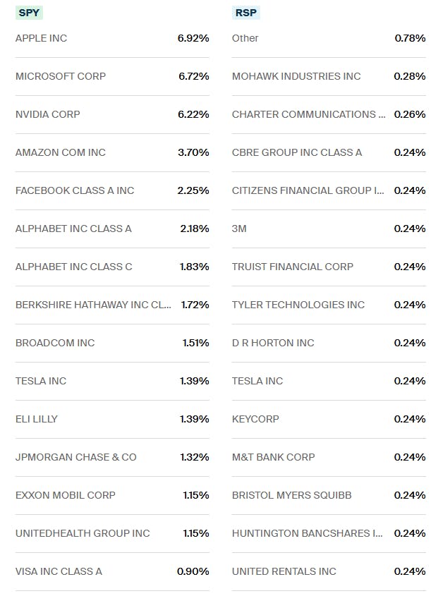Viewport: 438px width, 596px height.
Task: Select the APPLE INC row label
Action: [41, 38]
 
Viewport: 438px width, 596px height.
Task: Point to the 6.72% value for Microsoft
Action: [193, 76]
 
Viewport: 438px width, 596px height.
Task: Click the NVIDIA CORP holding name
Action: [47, 114]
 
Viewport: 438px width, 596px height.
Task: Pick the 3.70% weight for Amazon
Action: [193, 152]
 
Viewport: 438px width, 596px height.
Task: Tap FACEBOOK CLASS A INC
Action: [74, 190]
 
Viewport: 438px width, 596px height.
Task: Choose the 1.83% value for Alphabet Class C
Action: [194, 267]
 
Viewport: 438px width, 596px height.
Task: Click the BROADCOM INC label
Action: [54, 343]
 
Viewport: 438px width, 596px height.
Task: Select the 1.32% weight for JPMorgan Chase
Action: [194, 457]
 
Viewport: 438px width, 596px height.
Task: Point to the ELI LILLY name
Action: [37, 419]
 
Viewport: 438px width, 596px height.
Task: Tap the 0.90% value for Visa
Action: [193, 571]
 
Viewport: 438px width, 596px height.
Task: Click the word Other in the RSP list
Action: [245, 38]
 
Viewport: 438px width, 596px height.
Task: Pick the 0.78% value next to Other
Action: [410, 38]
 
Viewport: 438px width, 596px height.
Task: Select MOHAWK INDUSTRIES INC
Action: [296, 76]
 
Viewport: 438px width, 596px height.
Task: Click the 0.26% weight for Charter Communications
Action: [410, 114]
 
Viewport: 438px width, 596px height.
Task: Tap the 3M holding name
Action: [239, 229]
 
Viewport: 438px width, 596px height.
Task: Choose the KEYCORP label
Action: [255, 419]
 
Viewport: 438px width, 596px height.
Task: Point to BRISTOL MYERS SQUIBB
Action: [291, 495]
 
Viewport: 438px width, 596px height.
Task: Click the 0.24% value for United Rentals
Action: [410, 571]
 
